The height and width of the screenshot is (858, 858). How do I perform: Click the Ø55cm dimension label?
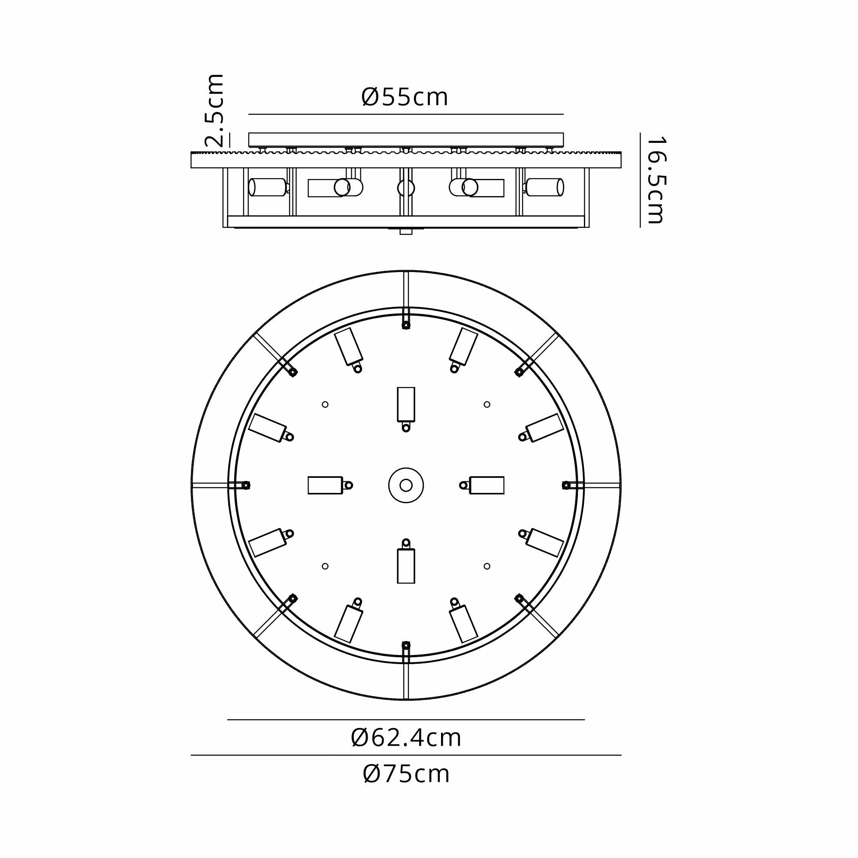click(x=405, y=97)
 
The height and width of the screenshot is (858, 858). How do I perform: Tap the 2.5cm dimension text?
click(x=215, y=111)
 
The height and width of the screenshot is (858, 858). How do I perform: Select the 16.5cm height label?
click(x=656, y=180)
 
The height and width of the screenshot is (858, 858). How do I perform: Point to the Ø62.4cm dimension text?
click(x=406, y=737)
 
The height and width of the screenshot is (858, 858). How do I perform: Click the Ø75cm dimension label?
click(x=406, y=774)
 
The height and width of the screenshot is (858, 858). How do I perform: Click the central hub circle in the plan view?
click(x=406, y=485)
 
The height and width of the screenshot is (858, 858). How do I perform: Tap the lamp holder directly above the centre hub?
click(x=406, y=405)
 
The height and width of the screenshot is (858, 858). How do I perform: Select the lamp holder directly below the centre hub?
click(x=406, y=566)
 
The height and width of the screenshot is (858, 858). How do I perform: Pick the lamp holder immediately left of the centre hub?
click(x=326, y=485)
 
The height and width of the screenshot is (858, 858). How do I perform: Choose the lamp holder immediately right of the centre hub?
click(x=487, y=485)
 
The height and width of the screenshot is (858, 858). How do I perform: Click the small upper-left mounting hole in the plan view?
click(x=325, y=405)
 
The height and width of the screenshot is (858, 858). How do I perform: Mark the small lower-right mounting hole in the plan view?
click(x=487, y=566)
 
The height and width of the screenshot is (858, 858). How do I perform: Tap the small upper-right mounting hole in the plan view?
click(x=487, y=405)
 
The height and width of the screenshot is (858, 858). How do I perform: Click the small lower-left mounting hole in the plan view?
click(x=325, y=566)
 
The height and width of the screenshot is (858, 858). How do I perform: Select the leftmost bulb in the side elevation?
click(x=268, y=187)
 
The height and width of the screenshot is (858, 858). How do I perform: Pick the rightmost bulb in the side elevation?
click(x=544, y=187)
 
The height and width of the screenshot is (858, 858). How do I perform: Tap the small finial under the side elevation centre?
click(x=406, y=232)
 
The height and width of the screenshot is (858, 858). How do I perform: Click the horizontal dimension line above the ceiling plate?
click(x=406, y=115)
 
